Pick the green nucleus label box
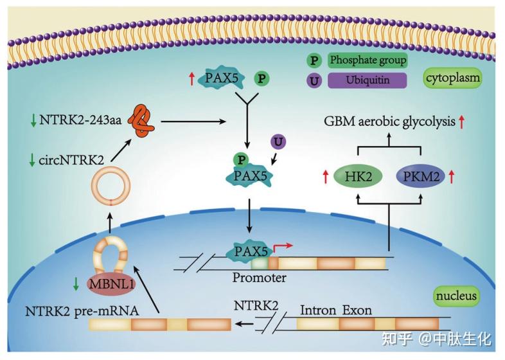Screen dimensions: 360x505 coord(456,296)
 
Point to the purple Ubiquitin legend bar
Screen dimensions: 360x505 coord(368,81)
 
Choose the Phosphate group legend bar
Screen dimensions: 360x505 coord(368,60)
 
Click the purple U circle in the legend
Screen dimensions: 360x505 coord(315,81)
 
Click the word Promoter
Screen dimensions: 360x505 coord(259,278)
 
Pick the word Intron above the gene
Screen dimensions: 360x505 coord(317,310)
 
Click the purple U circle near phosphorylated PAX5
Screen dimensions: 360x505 coord(278,141)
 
